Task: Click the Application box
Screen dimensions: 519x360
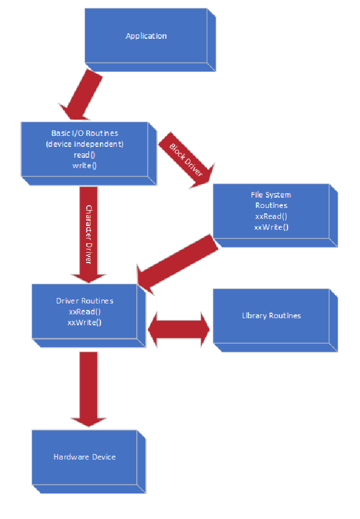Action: pyautogui.click(x=146, y=37)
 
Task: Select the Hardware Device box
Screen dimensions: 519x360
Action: pyautogui.click(x=85, y=457)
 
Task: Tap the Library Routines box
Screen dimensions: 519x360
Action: pyautogui.click(x=271, y=316)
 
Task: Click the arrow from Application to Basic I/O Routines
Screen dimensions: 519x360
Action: pyautogui.click(x=82, y=96)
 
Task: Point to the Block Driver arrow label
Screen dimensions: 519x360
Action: pyautogui.click(x=186, y=163)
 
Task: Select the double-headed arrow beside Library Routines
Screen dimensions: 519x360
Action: pyautogui.click(x=179, y=330)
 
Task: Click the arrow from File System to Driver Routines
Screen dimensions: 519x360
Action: pyautogui.click(x=177, y=264)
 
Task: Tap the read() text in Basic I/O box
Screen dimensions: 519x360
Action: pyautogui.click(x=85, y=155)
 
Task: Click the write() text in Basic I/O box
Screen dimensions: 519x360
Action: pyautogui.click(x=85, y=165)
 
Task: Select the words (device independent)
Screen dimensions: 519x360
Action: pyautogui.click(x=85, y=144)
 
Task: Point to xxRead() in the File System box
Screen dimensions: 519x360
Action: pyautogui.click(x=271, y=216)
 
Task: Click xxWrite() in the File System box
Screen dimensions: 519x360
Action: pyautogui.click(x=271, y=227)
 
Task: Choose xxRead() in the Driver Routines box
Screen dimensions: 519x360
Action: pyautogui.click(x=85, y=312)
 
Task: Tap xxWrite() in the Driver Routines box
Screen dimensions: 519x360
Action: pyautogui.click(x=85, y=322)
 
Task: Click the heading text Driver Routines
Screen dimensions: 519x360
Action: pyautogui.click(x=85, y=301)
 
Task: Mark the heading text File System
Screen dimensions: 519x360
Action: pyautogui.click(x=271, y=195)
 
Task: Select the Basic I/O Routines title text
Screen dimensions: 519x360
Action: pyautogui.click(x=85, y=133)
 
